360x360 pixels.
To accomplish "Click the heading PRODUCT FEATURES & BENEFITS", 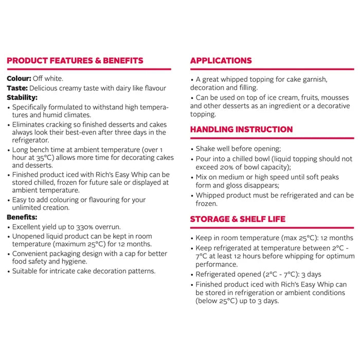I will tap(75, 61).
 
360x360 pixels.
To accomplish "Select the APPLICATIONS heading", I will tap(221, 61).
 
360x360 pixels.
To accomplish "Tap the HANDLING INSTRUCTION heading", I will tap(241, 130).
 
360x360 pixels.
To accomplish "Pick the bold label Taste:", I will tap(17, 88).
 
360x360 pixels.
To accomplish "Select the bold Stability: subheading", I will tap(22, 98).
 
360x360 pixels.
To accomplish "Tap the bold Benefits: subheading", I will tap(22, 218).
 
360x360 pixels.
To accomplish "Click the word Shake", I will tap(207, 149).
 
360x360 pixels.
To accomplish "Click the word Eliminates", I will tap(31, 124).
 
